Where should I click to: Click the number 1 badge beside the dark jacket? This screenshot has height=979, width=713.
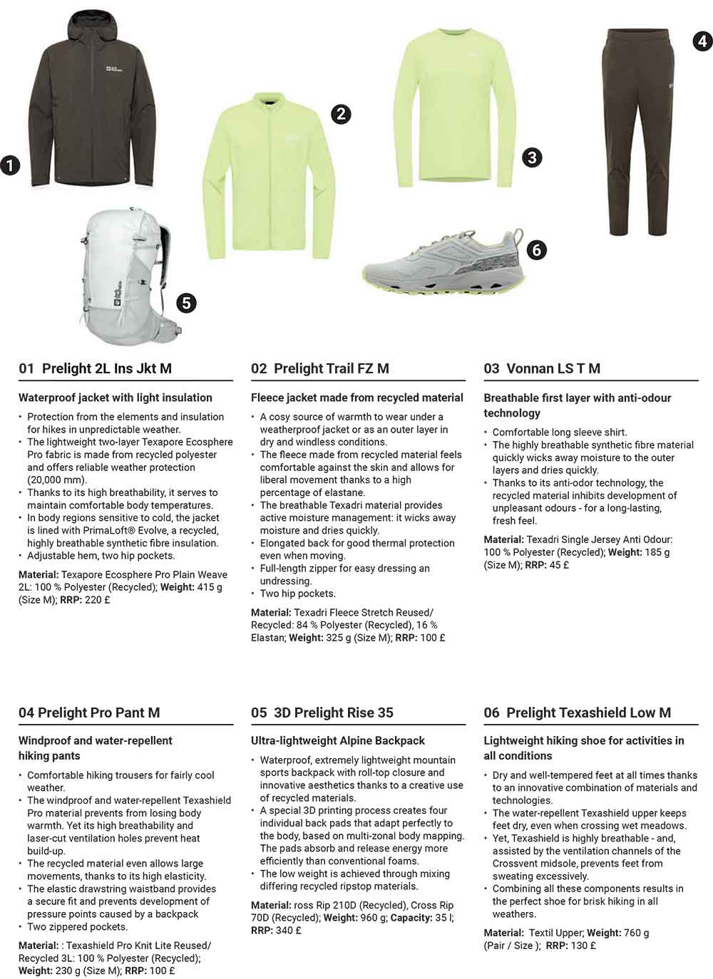click(10, 166)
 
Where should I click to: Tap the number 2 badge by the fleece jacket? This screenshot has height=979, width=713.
click(341, 113)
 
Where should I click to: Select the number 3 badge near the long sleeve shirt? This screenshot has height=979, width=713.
click(532, 157)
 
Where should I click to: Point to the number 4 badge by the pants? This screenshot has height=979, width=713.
click(702, 41)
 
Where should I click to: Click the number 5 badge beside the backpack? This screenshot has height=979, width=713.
click(186, 303)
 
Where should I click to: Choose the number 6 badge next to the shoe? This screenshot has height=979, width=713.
click(536, 249)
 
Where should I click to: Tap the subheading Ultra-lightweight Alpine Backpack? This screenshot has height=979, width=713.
click(337, 740)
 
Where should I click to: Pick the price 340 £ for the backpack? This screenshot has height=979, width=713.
click(287, 930)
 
